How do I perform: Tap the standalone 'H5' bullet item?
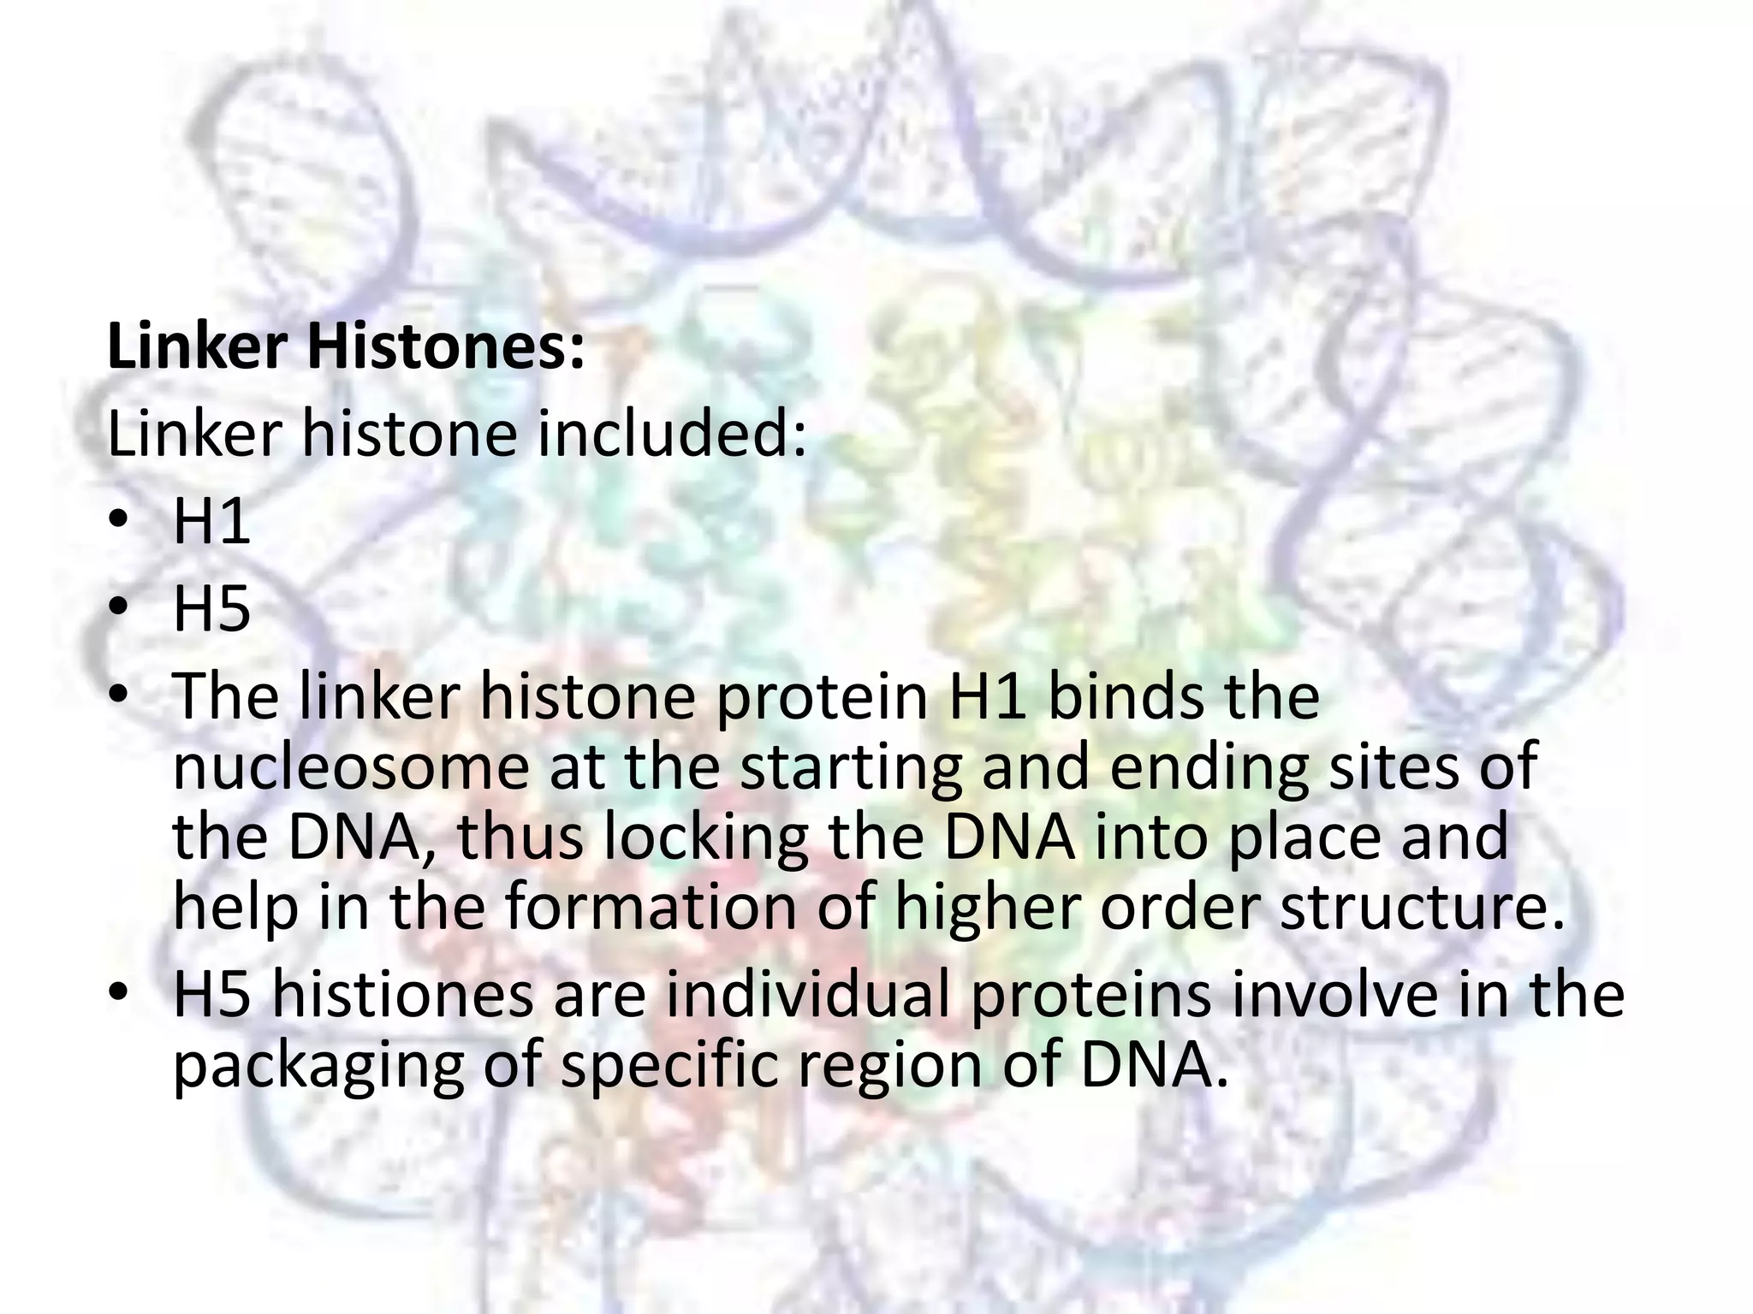tap(211, 608)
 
